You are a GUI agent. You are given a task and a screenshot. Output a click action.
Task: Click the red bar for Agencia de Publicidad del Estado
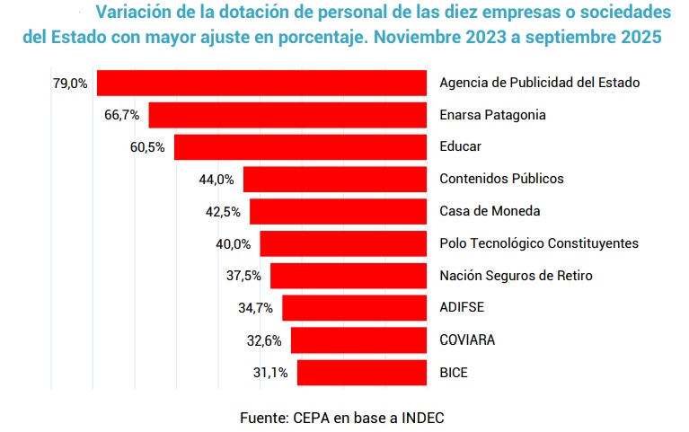(261, 83)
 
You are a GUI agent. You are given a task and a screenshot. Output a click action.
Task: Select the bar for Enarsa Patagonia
(287, 115)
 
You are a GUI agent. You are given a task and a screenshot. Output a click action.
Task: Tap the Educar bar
(300, 146)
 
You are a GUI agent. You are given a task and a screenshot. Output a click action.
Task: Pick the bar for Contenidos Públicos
(334, 179)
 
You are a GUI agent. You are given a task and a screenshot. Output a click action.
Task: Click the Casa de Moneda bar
(338, 211)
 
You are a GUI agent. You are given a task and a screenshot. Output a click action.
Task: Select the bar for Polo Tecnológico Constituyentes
(343, 243)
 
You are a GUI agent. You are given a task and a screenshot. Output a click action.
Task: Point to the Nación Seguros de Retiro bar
(349, 276)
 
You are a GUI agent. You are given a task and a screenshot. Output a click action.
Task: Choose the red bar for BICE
(361, 372)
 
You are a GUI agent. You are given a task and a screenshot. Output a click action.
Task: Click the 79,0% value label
(70, 83)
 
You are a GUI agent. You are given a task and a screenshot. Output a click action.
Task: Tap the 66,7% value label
(122, 115)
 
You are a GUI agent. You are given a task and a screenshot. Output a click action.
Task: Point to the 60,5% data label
(147, 146)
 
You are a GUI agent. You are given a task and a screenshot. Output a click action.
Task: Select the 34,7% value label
(256, 308)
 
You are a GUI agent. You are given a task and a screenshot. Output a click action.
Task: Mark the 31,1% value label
(270, 372)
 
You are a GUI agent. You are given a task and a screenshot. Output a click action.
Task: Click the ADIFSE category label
(462, 308)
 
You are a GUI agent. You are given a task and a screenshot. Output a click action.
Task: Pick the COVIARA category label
(467, 339)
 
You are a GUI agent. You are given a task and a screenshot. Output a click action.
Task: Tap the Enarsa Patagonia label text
(492, 115)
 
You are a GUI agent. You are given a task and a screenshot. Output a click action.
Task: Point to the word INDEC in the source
(421, 418)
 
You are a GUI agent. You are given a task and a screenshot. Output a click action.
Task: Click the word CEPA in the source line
(311, 418)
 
